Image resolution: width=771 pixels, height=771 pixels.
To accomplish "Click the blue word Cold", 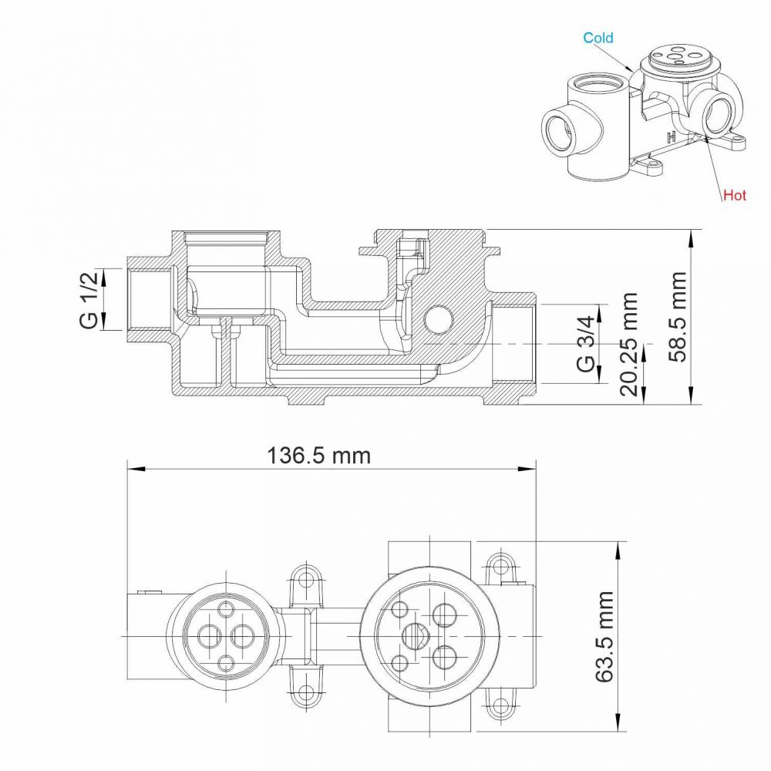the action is (598, 38).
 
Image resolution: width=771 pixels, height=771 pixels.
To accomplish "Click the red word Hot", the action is (735, 195).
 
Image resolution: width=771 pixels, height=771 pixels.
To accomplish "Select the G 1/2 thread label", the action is (89, 299).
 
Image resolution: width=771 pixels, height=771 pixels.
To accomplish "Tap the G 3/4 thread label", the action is (585, 344).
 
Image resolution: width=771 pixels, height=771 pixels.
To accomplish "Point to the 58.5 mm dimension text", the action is (678, 316).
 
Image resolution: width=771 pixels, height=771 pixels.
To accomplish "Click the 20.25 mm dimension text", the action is (629, 344).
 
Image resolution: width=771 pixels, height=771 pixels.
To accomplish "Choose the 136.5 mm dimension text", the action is (318, 456).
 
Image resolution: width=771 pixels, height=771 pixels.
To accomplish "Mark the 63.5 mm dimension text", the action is (604, 637).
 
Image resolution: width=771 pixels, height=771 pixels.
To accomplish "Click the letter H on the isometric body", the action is (672, 136).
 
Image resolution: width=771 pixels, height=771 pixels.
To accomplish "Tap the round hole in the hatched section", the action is (438, 318).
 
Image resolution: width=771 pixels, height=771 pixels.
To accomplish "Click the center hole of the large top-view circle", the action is (416, 636).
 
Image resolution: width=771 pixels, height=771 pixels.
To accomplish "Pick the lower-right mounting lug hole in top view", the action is (500, 705).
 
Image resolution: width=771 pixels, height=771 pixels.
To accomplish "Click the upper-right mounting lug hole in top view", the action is (500, 563).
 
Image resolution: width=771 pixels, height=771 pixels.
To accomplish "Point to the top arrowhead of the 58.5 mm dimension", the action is (691, 238).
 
